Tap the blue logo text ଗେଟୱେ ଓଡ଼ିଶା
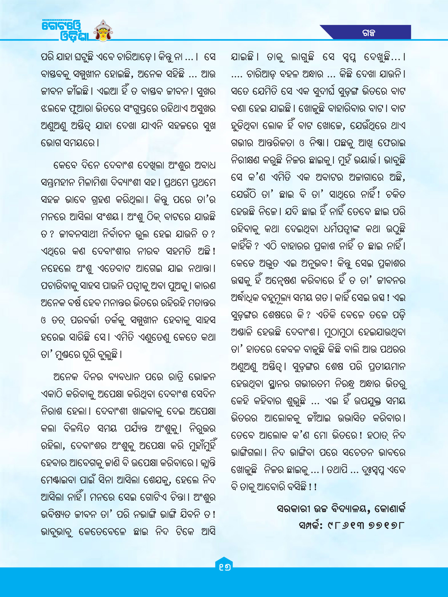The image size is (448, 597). pyautogui.click(x=65, y=31)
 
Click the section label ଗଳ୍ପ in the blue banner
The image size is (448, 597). pyautogui.click(x=369, y=33)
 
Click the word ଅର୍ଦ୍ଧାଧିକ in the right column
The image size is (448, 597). pyautogui.click(x=246, y=298)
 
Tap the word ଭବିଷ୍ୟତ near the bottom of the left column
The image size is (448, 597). pyautogui.click(x=56, y=514)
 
